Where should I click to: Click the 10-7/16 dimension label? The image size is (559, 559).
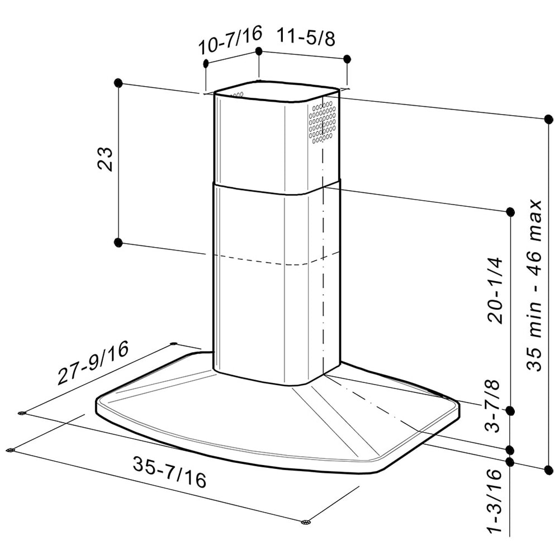(230, 40)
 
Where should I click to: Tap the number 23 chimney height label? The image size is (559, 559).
(105, 159)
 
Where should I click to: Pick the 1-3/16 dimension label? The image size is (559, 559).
(495, 500)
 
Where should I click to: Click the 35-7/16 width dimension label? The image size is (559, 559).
(170, 472)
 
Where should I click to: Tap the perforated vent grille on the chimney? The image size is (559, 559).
(323, 122)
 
